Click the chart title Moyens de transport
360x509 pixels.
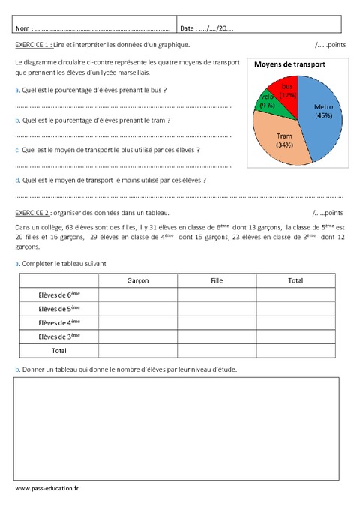289,65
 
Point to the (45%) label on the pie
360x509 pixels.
324,115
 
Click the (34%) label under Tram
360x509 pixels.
283,145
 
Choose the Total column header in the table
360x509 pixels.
295,280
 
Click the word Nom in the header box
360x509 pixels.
22,28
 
